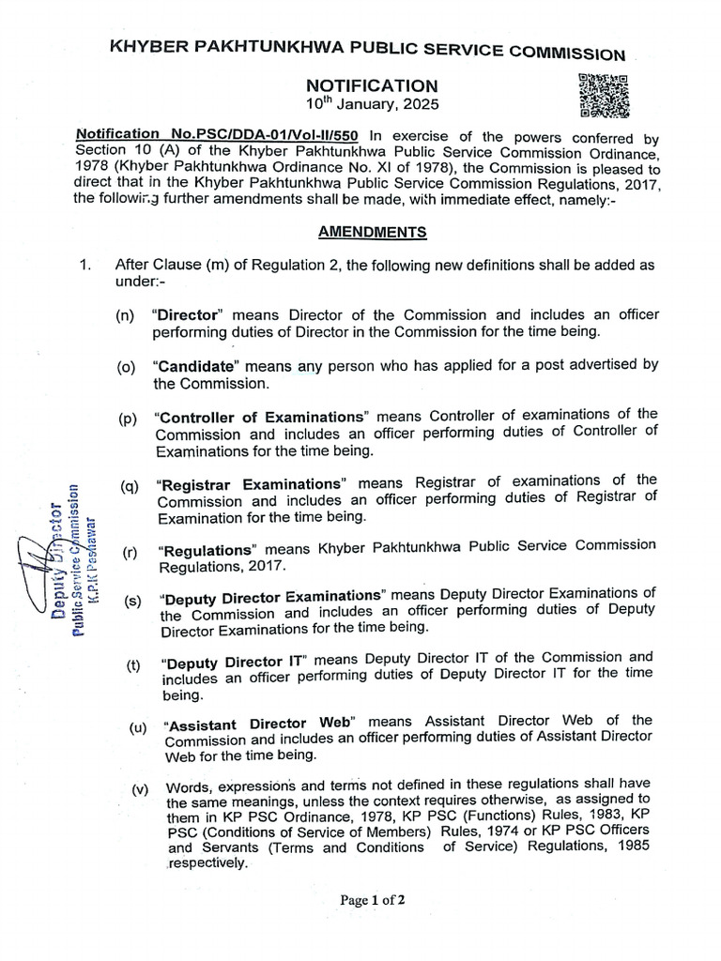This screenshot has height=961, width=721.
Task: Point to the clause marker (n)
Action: (x=126, y=316)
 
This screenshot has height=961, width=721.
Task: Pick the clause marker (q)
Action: (x=130, y=485)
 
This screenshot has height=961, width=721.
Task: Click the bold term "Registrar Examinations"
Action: (x=252, y=485)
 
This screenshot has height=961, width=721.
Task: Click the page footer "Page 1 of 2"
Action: (x=374, y=900)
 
